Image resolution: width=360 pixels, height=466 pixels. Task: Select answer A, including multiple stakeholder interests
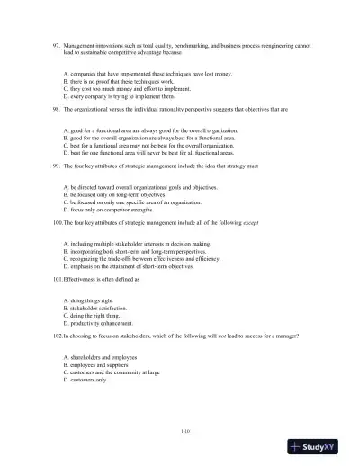click(135, 243)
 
